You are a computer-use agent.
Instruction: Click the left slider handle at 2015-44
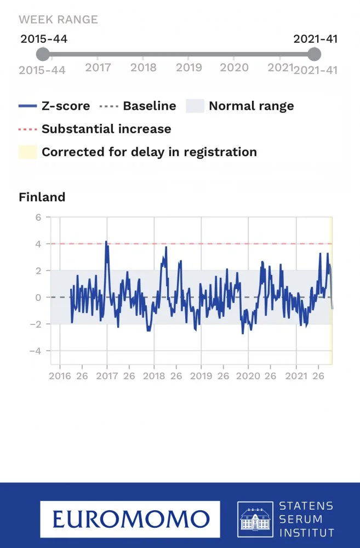tap(43, 54)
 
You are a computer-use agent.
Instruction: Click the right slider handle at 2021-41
tap(314, 54)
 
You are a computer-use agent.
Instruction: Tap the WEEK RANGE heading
tap(58, 20)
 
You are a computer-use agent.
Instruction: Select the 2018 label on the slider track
tap(144, 67)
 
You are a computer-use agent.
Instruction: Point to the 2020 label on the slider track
tap(234, 67)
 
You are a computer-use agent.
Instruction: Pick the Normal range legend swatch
tap(195, 106)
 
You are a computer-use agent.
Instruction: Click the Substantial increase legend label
tap(106, 129)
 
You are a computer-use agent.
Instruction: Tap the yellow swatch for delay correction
tap(28, 152)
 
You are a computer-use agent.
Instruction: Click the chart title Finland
tap(42, 197)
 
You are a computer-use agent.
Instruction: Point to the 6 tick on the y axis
tap(38, 217)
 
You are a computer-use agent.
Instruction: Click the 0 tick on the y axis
tap(38, 297)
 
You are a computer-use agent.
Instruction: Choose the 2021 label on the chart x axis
tap(296, 376)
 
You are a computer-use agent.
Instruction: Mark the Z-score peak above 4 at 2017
tap(106, 242)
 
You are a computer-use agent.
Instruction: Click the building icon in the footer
tap(255, 518)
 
